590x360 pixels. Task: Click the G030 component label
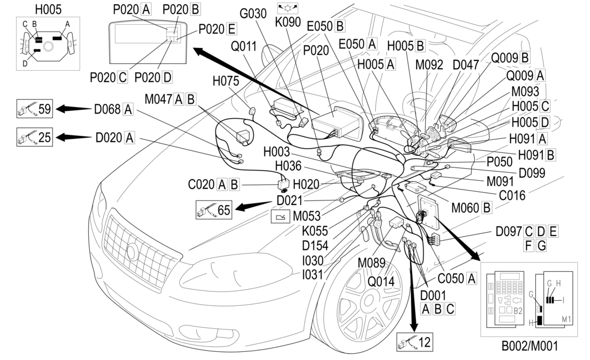[254, 13]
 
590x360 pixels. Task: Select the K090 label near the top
[288, 22]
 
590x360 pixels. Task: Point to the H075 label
[226, 82]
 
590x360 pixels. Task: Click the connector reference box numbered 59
[35, 108]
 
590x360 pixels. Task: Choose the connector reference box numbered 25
[35, 137]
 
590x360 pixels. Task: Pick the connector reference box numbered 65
[214, 210]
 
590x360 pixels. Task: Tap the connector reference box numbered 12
[414, 342]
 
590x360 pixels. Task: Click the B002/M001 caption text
[529, 346]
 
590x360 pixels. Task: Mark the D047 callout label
[466, 65]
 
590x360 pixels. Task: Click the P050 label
[499, 162]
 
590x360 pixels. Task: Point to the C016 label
[512, 195]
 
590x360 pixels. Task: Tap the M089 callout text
[372, 264]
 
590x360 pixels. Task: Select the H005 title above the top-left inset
[48, 9]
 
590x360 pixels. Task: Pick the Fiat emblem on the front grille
[133, 252]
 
